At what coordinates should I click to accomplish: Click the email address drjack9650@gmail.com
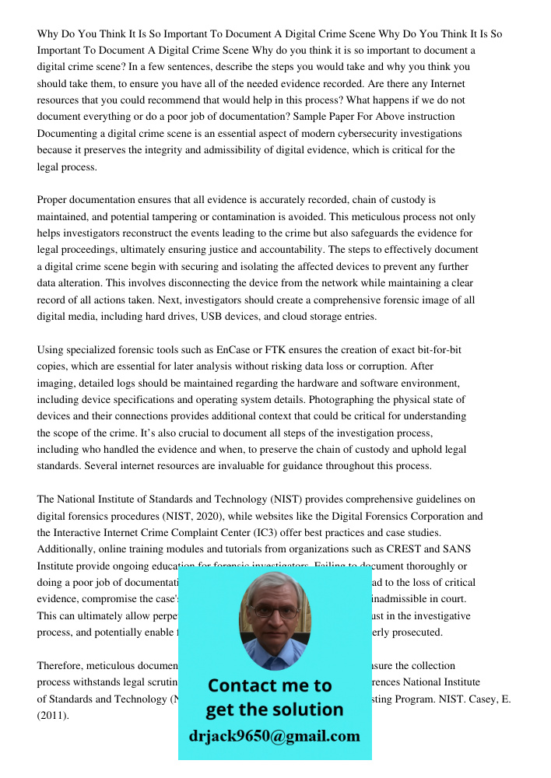[x=274, y=736]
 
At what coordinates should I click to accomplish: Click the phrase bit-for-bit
[x=426, y=350]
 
